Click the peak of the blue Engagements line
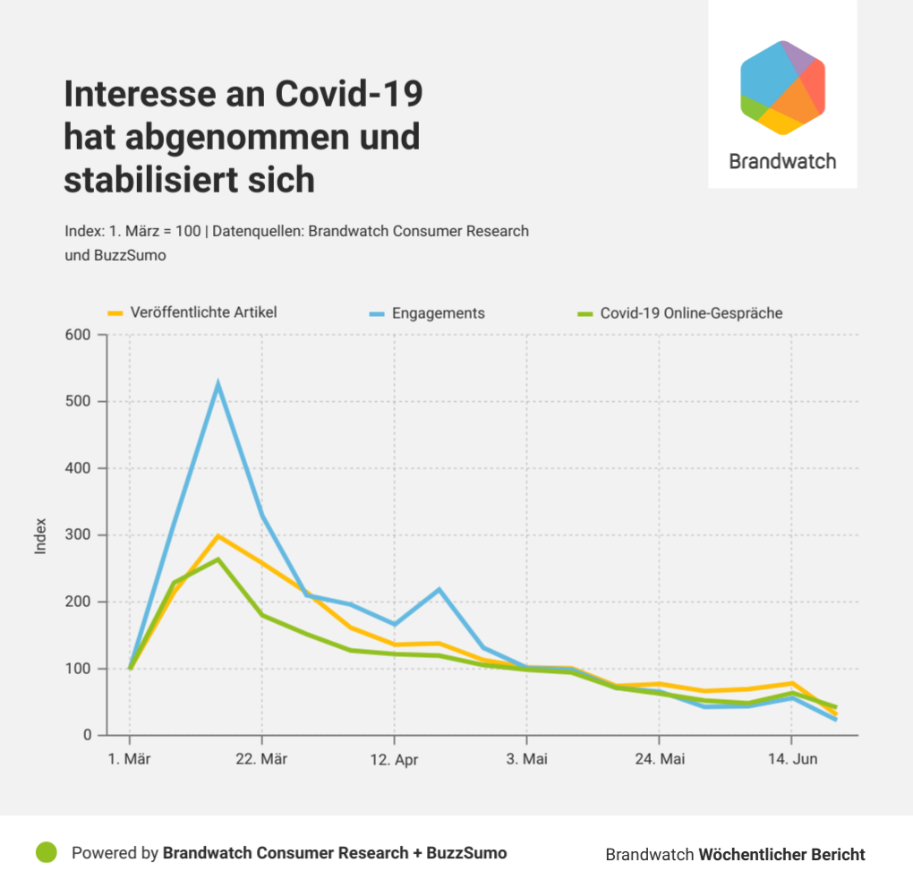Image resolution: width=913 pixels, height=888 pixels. pyautogui.click(x=218, y=385)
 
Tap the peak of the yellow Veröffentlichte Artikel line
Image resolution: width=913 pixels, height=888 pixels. pyautogui.click(x=218, y=536)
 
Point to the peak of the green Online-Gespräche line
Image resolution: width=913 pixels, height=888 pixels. pyautogui.click(x=218, y=559)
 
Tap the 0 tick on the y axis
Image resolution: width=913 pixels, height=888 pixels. pyautogui.click(x=88, y=735)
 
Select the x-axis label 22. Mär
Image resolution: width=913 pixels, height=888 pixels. pyautogui.click(x=262, y=759)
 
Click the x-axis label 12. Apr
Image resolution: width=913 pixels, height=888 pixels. pyautogui.click(x=394, y=759)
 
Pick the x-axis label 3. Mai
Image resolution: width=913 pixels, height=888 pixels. pyautogui.click(x=526, y=759)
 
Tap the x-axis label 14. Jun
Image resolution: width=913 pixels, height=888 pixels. pyautogui.click(x=790, y=759)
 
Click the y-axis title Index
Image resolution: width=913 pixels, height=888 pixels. pyautogui.click(x=40, y=535)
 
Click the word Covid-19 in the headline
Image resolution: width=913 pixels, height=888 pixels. pyautogui.click(x=348, y=94)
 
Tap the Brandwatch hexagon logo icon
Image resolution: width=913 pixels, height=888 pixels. pyautogui.click(x=782, y=88)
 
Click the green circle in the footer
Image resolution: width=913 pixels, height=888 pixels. pyautogui.click(x=46, y=853)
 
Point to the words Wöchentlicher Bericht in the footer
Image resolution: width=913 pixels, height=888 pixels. pyautogui.click(x=781, y=854)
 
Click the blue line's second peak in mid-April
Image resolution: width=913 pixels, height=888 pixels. pyautogui.click(x=439, y=589)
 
